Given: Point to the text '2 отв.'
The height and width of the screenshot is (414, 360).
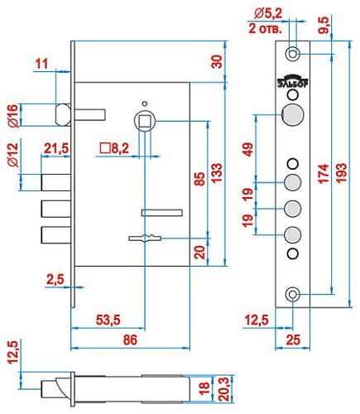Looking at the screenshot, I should (265, 27).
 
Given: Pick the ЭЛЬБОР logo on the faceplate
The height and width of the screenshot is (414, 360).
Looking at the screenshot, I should (291, 81).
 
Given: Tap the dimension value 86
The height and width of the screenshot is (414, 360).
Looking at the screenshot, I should (131, 339).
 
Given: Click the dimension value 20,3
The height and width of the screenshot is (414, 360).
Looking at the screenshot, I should (223, 387).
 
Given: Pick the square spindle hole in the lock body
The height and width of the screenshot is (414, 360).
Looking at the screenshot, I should (146, 121).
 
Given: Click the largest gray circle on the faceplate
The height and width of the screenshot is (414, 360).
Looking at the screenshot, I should (291, 115).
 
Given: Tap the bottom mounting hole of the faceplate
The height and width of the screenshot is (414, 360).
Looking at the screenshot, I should (292, 295).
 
